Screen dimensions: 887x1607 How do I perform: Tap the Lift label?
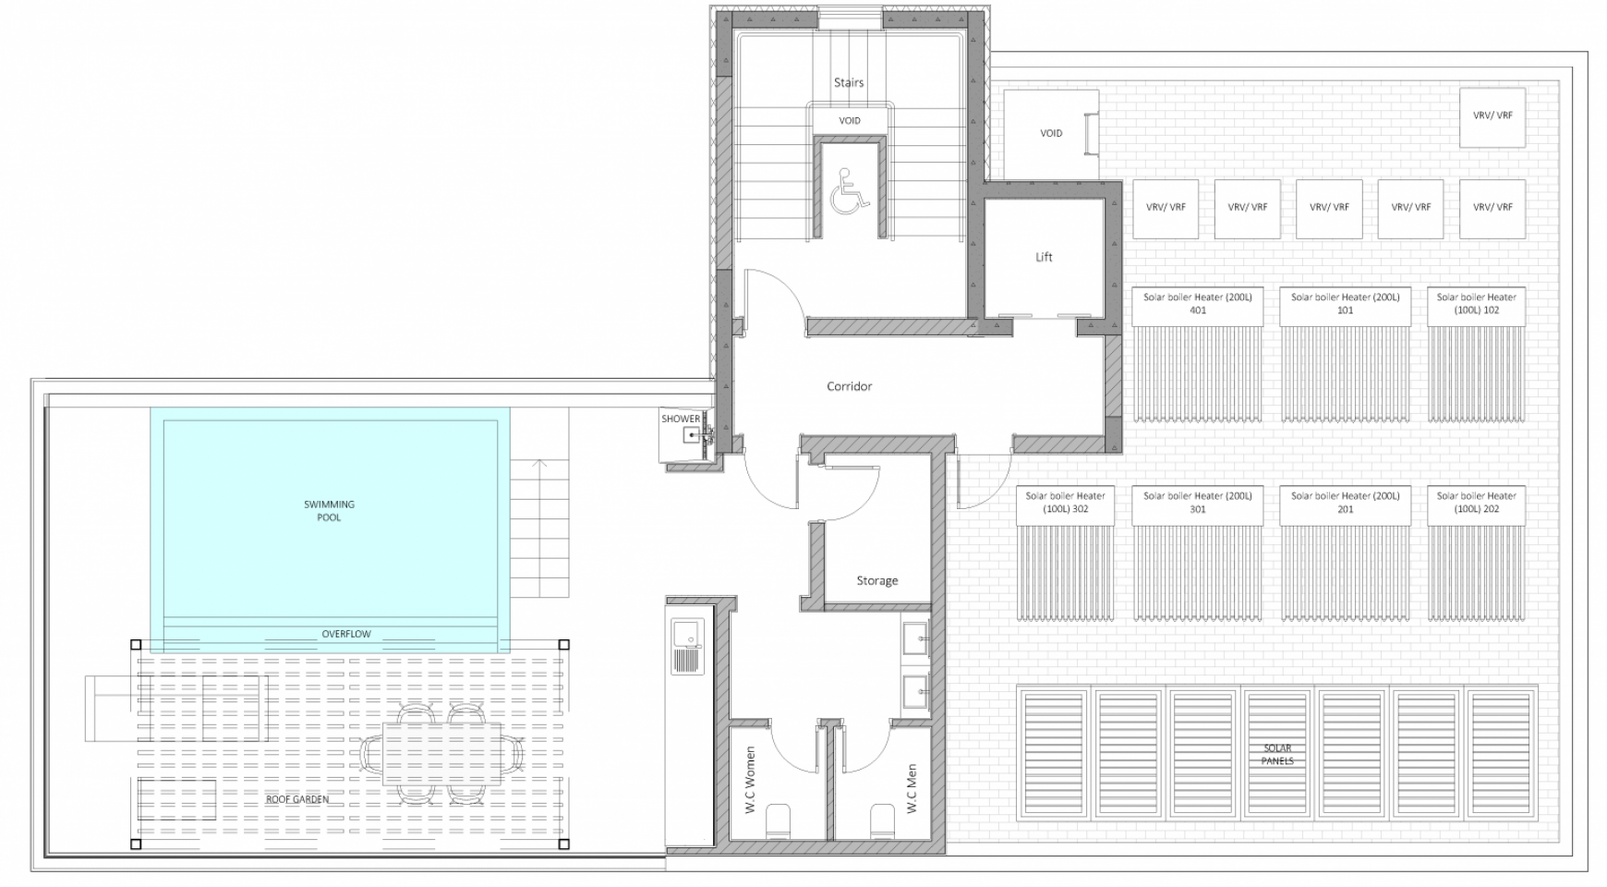pyautogui.click(x=1044, y=257)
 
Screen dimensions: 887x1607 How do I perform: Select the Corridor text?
pyautogui.click(x=849, y=386)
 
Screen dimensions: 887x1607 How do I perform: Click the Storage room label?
pyautogui.click(x=876, y=580)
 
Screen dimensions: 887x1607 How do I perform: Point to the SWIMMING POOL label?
pyautogui.click(x=329, y=511)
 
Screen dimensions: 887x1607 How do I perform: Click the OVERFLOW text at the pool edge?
pyautogui.click(x=346, y=634)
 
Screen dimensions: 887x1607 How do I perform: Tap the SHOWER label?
pyautogui.click(x=681, y=419)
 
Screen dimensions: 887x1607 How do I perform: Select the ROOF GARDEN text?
pyautogui.click(x=296, y=799)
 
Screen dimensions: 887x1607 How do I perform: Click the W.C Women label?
pyautogui.click(x=750, y=781)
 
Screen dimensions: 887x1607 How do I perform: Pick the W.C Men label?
pyautogui.click(x=912, y=788)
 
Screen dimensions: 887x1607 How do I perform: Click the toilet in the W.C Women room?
pyautogui.click(x=779, y=820)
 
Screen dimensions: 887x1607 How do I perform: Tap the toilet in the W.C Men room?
pyautogui.click(x=883, y=820)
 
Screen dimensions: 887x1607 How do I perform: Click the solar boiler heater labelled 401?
pyautogui.click(x=1197, y=305)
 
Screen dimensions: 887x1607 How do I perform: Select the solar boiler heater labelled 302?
pyautogui.click(x=1065, y=504)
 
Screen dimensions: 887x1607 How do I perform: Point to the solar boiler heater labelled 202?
pyautogui.click(x=1476, y=504)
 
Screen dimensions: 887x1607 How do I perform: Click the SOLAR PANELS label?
pyautogui.click(x=1277, y=755)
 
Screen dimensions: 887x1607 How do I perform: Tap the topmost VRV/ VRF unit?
pyautogui.click(x=1492, y=116)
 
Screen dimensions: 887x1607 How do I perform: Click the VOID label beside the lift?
pyautogui.click(x=1051, y=133)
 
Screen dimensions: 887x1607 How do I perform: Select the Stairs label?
pyautogui.click(x=849, y=82)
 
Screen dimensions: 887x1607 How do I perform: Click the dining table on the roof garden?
pyautogui.click(x=443, y=753)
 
